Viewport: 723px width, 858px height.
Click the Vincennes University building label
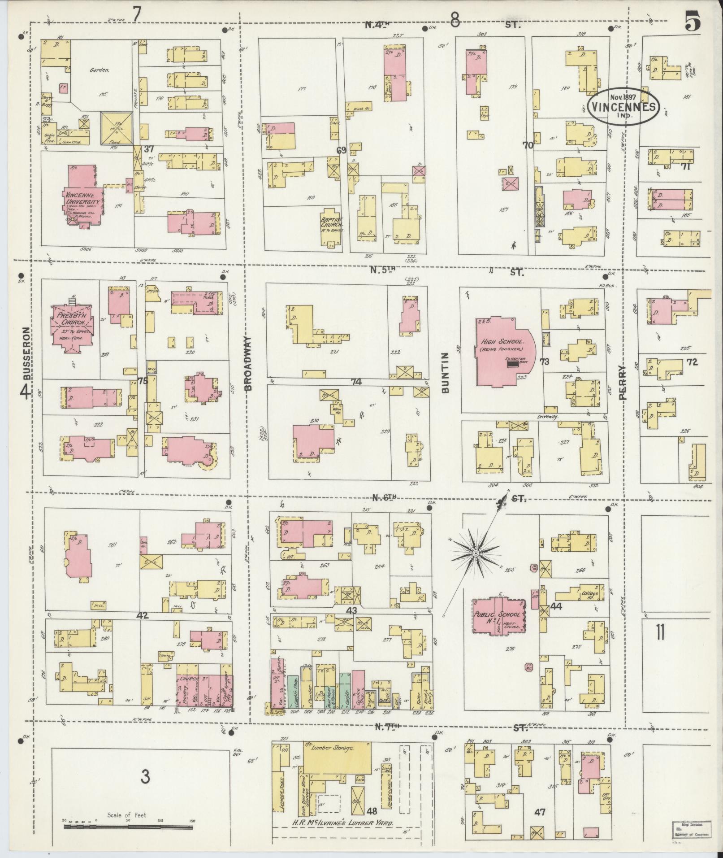(85, 200)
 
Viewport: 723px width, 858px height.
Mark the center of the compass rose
(475, 554)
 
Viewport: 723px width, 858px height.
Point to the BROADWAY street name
(249, 364)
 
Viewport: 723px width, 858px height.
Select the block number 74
(356, 382)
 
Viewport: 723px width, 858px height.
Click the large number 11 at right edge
(659, 633)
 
